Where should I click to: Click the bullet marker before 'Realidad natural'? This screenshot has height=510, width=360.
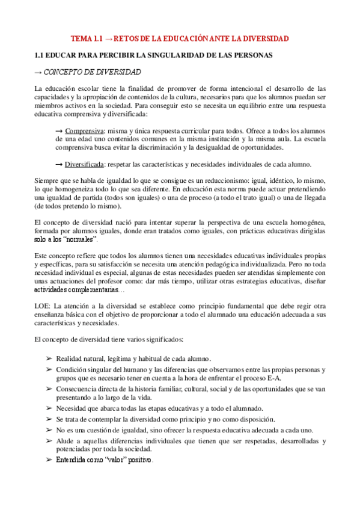[49, 358]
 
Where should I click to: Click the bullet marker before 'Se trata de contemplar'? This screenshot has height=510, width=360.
[49, 419]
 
